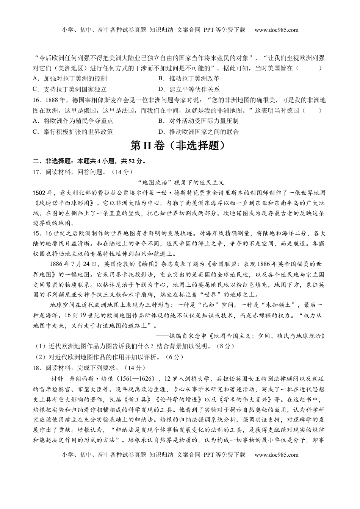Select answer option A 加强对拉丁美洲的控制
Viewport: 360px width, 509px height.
point(70,79)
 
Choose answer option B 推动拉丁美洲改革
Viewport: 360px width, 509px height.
point(189,79)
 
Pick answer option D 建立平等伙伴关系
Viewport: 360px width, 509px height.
point(189,89)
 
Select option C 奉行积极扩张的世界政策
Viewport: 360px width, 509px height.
point(73,132)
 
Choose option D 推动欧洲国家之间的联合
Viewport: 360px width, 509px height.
point(199,132)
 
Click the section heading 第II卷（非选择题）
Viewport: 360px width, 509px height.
point(180,146)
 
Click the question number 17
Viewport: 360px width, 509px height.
point(37,172)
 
